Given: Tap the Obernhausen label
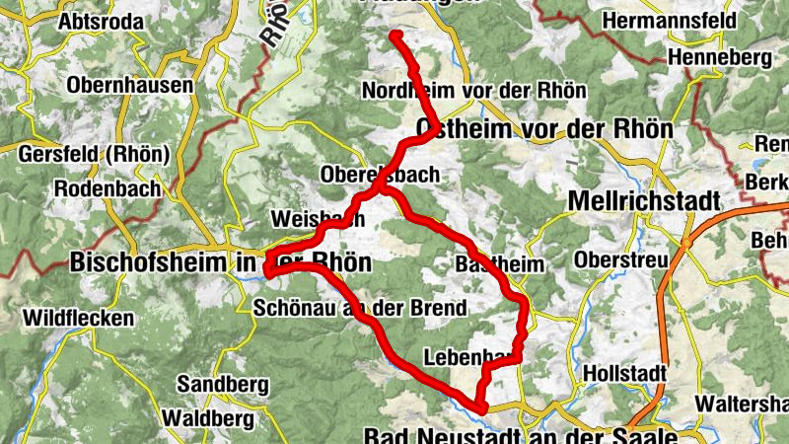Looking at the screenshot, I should pyautogui.click(x=130, y=86).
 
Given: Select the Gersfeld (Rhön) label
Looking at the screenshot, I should pyautogui.click(x=94, y=155).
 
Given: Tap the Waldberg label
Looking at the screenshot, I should pyautogui.click(x=208, y=418).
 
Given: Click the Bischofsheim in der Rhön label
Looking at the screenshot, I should pyautogui.click(x=221, y=262).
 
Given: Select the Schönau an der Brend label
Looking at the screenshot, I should pyautogui.click(x=359, y=308).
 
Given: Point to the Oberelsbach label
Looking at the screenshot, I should pyautogui.click(x=380, y=175).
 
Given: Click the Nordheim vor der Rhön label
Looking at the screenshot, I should pyautogui.click(x=474, y=91).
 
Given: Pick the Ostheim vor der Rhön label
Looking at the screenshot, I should pyautogui.click(x=544, y=129).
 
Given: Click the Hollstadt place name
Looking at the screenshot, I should pyautogui.click(x=625, y=374).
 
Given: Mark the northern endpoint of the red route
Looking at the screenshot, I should pyautogui.click(x=395, y=37).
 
